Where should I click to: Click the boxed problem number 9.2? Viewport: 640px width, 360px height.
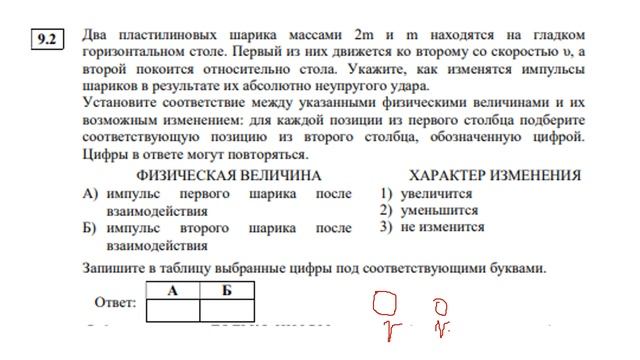[45, 41]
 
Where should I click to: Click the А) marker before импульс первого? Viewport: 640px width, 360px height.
[91, 195]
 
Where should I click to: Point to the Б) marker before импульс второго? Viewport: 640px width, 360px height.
[91, 228]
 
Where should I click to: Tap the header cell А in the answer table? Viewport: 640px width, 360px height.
[173, 291]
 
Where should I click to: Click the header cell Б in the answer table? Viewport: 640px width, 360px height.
[227, 291]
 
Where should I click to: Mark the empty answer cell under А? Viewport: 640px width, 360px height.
[173, 310]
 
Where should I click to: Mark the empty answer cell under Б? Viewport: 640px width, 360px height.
[227, 310]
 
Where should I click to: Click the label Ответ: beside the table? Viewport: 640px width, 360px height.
[115, 302]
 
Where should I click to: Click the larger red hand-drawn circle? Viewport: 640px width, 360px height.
[384, 302]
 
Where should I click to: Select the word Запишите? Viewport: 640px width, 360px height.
[115, 267]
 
